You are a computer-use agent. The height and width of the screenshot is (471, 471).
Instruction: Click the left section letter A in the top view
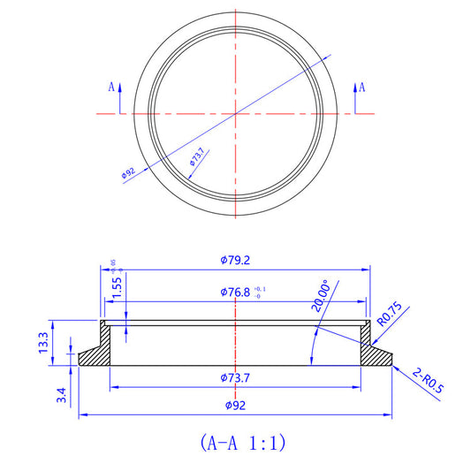111,87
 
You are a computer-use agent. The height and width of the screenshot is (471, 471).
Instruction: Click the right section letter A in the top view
362,87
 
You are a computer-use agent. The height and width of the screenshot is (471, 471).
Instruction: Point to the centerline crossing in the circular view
235,113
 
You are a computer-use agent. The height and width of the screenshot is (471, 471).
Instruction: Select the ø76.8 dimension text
232,292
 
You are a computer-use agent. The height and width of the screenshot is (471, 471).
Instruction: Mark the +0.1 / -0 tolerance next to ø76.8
257,292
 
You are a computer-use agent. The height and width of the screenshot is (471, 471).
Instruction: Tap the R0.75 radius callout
390,315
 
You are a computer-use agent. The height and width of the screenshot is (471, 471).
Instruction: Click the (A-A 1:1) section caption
236,441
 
